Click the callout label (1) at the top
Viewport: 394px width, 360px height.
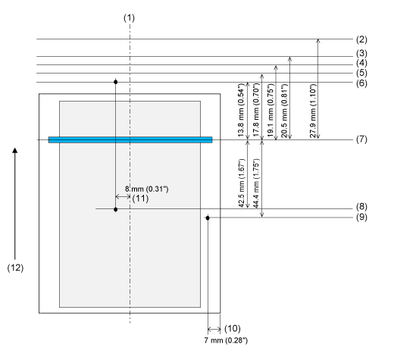coord(129,18)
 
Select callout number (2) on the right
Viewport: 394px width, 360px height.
coord(361,39)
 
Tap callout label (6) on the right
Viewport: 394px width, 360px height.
coord(361,83)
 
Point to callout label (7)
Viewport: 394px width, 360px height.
coord(361,139)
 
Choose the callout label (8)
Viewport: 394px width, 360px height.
coord(361,207)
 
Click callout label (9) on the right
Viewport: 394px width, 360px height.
coord(361,217)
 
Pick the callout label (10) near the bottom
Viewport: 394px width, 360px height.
coord(233,328)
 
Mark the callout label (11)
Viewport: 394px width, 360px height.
coord(140,199)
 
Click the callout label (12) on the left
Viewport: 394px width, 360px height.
coord(15,268)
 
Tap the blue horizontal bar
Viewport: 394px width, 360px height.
coord(130,139)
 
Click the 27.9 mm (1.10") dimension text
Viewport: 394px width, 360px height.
coord(313,111)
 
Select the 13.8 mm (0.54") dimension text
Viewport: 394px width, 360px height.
coord(242,110)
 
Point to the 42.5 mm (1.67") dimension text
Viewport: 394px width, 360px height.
coord(242,183)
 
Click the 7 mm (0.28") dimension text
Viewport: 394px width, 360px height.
coord(226,340)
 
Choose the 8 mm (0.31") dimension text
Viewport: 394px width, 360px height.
coord(147,189)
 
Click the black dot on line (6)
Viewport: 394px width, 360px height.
coord(116,82)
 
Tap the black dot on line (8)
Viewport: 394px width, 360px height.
coord(116,209)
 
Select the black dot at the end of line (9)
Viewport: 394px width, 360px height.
coord(208,218)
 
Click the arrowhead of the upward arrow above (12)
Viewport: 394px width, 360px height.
coord(15,150)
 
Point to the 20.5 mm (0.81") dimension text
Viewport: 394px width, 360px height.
coord(284,111)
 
